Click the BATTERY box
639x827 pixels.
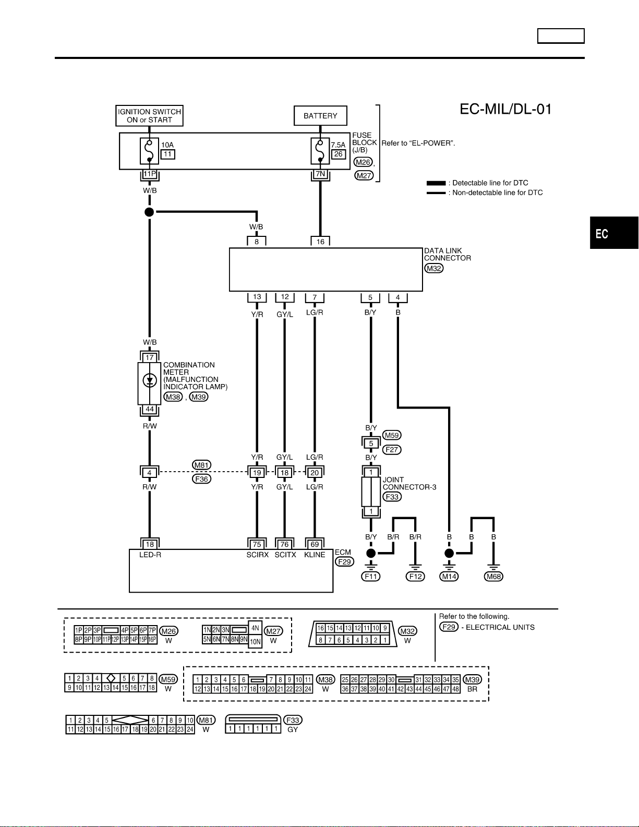click(x=320, y=115)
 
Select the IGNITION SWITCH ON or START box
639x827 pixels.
click(x=149, y=116)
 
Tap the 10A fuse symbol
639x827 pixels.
click(x=149, y=151)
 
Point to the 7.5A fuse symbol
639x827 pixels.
click(x=320, y=151)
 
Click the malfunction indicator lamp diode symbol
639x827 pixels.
click(x=150, y=380)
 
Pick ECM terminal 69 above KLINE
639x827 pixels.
click(x=315, y=544)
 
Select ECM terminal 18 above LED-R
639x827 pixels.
click(x=150, y=544)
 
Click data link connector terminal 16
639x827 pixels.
click(x=320, y=242)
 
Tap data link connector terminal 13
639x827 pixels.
click(x=257, y=297)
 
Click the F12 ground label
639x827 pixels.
click(x=415, y=576)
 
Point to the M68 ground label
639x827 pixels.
click(x=493, y=576)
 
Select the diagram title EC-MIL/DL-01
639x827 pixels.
click(x=505, y=109)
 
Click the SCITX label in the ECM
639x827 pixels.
click(x=285, y=555)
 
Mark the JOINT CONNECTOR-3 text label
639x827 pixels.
click(x=409, y=483)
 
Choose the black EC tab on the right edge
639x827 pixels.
click(x=614, y=233)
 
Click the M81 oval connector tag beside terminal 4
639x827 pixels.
click(x=201, y=465)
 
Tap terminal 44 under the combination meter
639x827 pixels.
click(x=150, y=410)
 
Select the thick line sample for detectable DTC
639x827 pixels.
click(x=436, y=183)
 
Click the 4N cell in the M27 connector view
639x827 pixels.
click(x=255, y=628)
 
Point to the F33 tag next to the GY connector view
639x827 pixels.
click(x=293, y=720)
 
